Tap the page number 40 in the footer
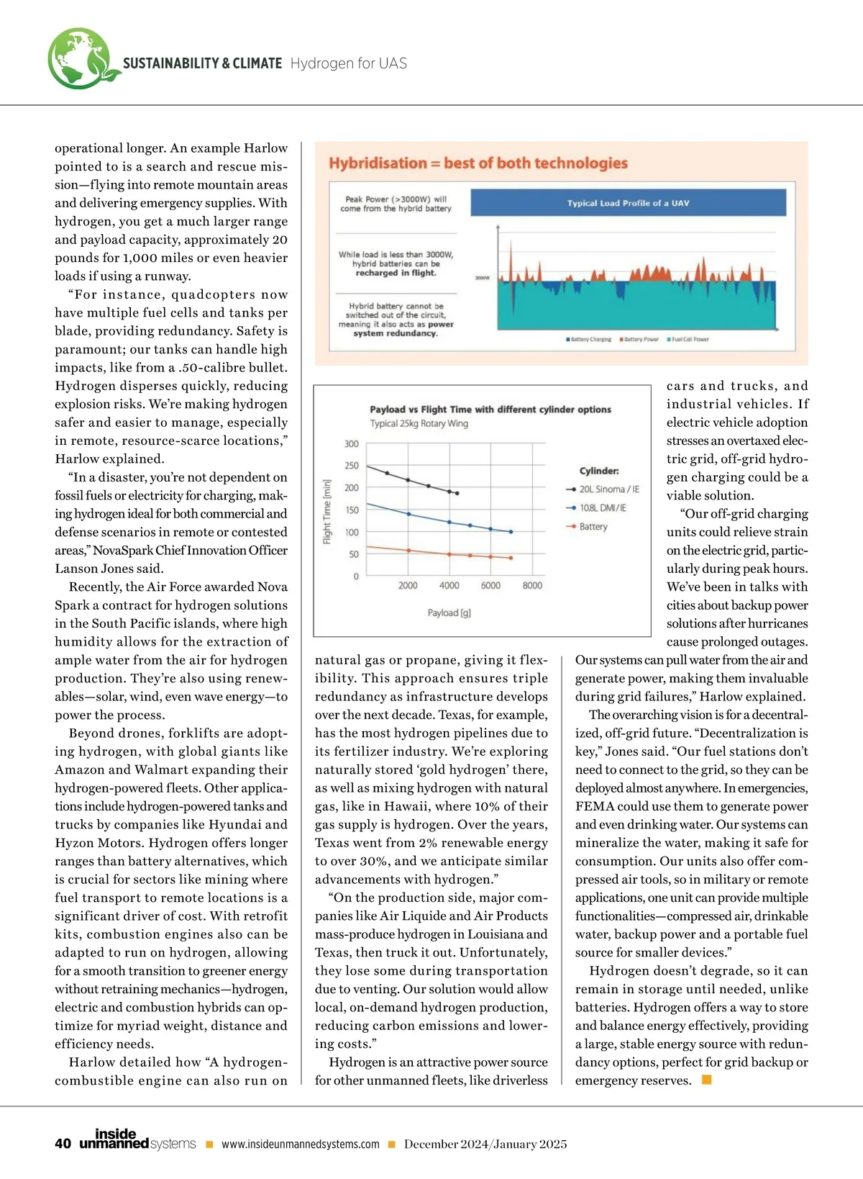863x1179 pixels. click(x=63, y=1144)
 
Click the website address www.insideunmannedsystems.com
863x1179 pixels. click(x=300, y=1144)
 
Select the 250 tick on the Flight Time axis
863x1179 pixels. click(x=352, y=466)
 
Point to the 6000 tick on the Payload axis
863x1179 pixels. click(x=490, y=585)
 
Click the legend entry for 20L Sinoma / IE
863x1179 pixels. click(x=608, y=489)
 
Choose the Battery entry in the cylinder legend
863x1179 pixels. click(x=593, y=527)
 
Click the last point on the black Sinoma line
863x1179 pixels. click(x=457, y=494)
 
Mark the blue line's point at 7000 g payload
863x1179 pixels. click(x=511, y=532)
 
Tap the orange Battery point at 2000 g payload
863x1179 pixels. click(x=408, y=551)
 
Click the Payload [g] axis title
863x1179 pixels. click(x=449, y=613)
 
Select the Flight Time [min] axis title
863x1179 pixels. click(x=327, y=512)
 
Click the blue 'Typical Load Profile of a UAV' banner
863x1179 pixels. click(x=628, y=203)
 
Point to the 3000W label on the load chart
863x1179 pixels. click(x=482, y=279)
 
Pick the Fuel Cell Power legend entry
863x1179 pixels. click(x=689, y=339)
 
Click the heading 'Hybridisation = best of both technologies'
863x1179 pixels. click(x=478, y=163)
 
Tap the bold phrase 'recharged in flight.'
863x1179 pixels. click(x=396, y=274)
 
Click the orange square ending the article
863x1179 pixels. click(x=706, y=1080)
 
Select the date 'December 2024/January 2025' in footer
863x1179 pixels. click(x=485, y=1144)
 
